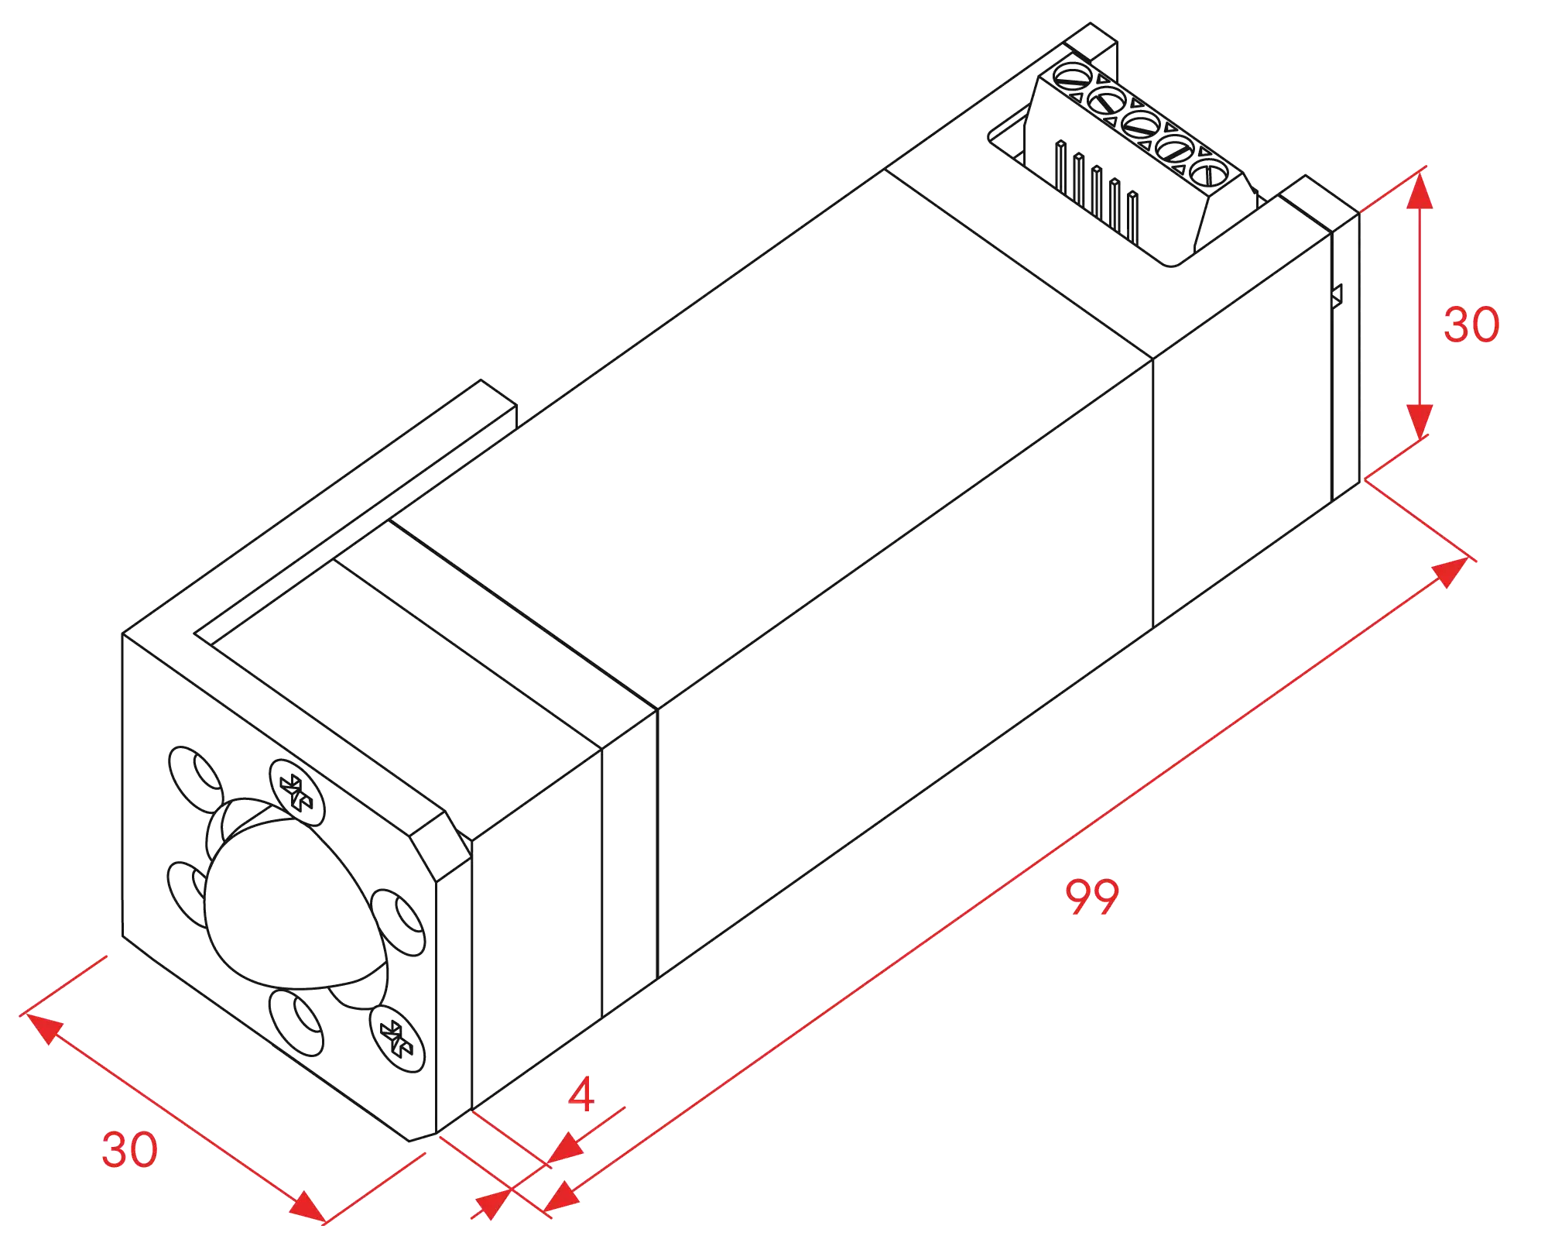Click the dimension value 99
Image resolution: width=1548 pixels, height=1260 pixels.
click(x=1092, y=897)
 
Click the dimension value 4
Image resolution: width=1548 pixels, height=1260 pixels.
click(x=581, y=1093)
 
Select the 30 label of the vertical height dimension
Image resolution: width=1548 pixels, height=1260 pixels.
click(x=1471, y=324)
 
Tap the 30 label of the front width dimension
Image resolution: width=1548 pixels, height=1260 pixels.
click(x=130, y=1149)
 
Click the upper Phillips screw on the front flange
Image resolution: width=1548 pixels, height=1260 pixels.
click(x=297, y=792)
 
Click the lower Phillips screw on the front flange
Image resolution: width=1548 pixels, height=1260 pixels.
click(x=397, y=1039)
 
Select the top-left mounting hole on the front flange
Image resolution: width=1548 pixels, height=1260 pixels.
click(x=197, y=779)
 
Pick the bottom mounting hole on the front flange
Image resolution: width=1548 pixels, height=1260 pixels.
click(x=296, y=1022)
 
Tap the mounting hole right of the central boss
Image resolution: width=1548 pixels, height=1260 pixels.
click(x=398, y=922)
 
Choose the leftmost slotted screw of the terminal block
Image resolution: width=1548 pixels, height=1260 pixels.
click(x=1074, y=76)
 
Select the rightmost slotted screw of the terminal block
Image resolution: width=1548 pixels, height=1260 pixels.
click(x=1209, y=173)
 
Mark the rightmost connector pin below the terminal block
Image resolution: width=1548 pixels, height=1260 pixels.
click(x=1133, y=218)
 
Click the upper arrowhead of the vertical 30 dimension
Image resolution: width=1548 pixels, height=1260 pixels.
click(x=1419, y=191)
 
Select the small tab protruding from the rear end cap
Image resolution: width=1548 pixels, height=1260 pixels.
click(x=1337, y=297)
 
